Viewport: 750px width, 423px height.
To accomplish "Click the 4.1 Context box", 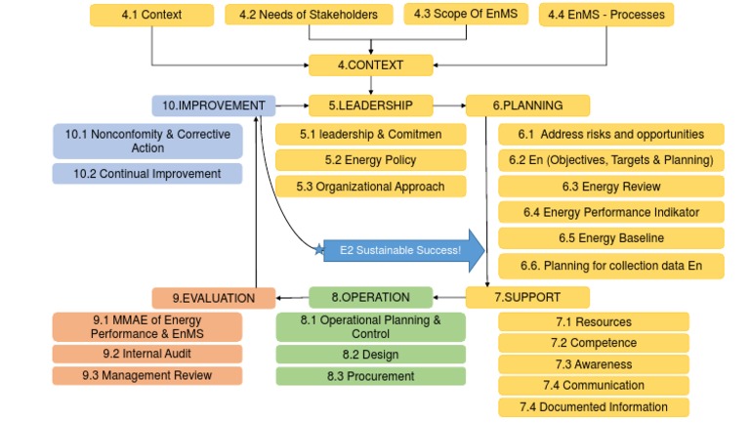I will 151,15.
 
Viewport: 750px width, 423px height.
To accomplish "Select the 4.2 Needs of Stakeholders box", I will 310,15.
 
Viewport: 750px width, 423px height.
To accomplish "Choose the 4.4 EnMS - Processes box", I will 606,15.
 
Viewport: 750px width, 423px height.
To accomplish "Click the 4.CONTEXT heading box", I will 370,65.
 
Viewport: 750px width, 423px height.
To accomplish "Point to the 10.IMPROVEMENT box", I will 214,106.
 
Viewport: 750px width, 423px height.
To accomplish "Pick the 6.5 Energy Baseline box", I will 611,238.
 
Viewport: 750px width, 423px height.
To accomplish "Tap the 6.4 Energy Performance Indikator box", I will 611,212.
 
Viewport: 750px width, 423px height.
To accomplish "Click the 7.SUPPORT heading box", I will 527,296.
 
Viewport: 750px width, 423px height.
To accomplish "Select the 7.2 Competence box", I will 593,343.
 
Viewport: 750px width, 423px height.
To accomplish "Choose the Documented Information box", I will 593,407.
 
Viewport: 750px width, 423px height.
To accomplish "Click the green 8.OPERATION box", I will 372,296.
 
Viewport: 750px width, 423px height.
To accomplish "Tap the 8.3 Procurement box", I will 356,376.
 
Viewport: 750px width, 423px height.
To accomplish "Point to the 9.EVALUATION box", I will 214,298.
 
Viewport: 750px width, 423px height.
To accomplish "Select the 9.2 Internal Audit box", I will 146,354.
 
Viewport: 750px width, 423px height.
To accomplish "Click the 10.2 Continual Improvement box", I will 146,174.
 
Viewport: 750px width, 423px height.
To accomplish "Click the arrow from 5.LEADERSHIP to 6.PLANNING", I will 450,106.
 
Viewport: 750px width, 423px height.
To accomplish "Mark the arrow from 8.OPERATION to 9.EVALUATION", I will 293,297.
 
